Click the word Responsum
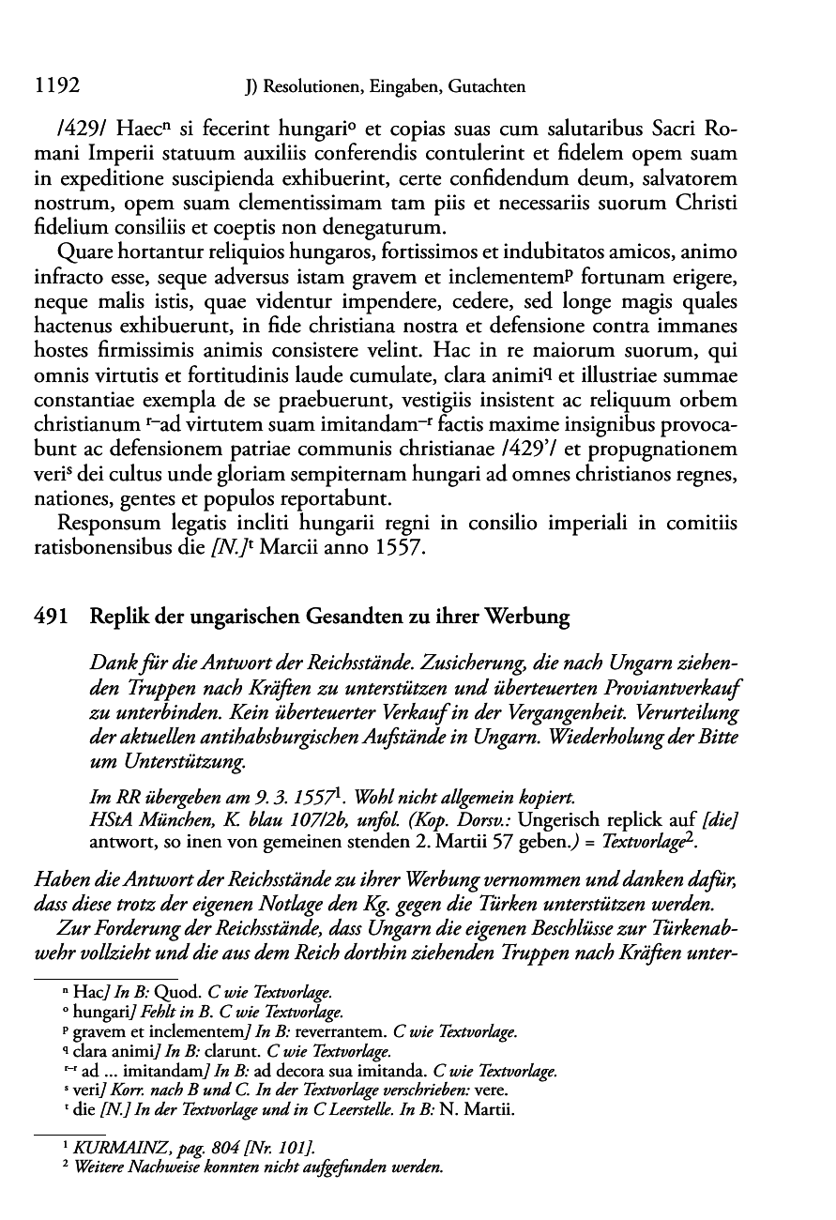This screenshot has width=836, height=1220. click(x=106, y=520)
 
